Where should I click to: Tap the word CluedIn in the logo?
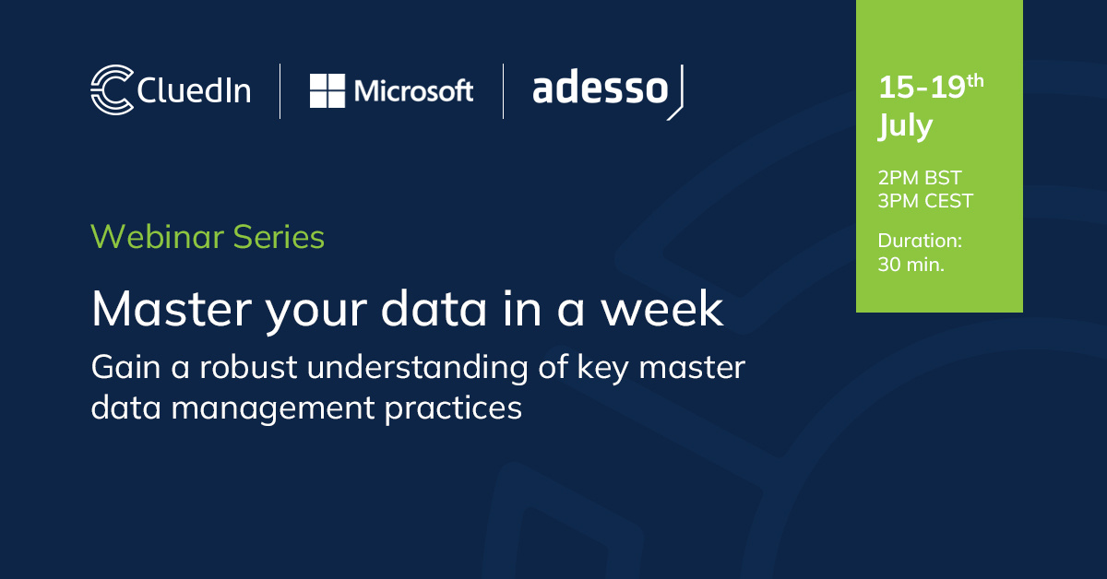[x=194, y=90]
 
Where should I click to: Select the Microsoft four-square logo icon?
[x=327, y=91]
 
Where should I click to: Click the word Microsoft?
[x=413, y=91]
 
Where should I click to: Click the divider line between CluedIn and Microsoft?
[x=280, y=91]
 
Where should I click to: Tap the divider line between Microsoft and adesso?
[x=503, y=91]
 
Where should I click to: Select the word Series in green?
[x=279, y=237]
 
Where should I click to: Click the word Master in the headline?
[x=172, y=309]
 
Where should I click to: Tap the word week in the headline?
[x=661, y=309]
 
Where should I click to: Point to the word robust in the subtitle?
[x=248, y=368]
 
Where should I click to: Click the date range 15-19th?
[x=931, y=87]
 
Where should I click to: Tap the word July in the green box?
[x=905, y=126]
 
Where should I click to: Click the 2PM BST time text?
[x=919, y=177]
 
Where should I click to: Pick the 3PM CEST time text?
[x=925, y=201]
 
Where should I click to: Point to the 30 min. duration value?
[x=911, y=265]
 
